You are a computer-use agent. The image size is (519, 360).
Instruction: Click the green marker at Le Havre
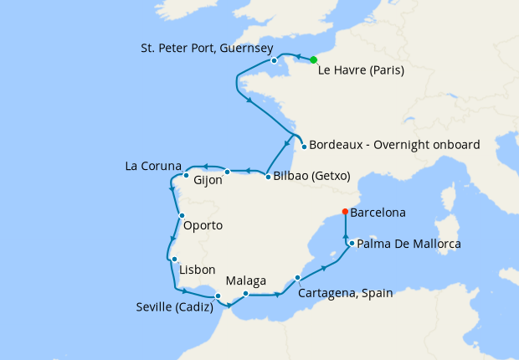(313, 59)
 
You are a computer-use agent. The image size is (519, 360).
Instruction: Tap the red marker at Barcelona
(345, 212)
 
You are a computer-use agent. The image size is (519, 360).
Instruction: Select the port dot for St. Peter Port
(274, 60)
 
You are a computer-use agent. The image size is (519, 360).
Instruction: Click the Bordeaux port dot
(303, 145)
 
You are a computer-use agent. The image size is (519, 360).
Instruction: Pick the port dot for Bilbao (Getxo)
(267, 177)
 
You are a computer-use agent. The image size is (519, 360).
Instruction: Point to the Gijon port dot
(228, 172)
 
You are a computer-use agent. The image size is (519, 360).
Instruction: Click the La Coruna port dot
(186, 176)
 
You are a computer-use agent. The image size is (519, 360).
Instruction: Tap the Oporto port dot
(182, 216)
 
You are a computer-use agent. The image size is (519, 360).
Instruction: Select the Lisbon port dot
(173, 260)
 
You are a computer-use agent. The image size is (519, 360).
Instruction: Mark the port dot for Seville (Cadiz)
(218, 296)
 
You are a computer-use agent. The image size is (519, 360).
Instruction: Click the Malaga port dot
(245, 294)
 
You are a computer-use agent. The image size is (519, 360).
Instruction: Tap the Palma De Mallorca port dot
(352, 244)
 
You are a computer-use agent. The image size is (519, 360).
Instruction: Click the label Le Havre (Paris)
(362, 72)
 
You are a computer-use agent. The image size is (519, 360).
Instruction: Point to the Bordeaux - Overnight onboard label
(394, 145)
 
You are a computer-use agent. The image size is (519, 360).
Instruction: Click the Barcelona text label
(378, 213)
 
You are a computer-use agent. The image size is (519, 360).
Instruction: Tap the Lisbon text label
(198, 270)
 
